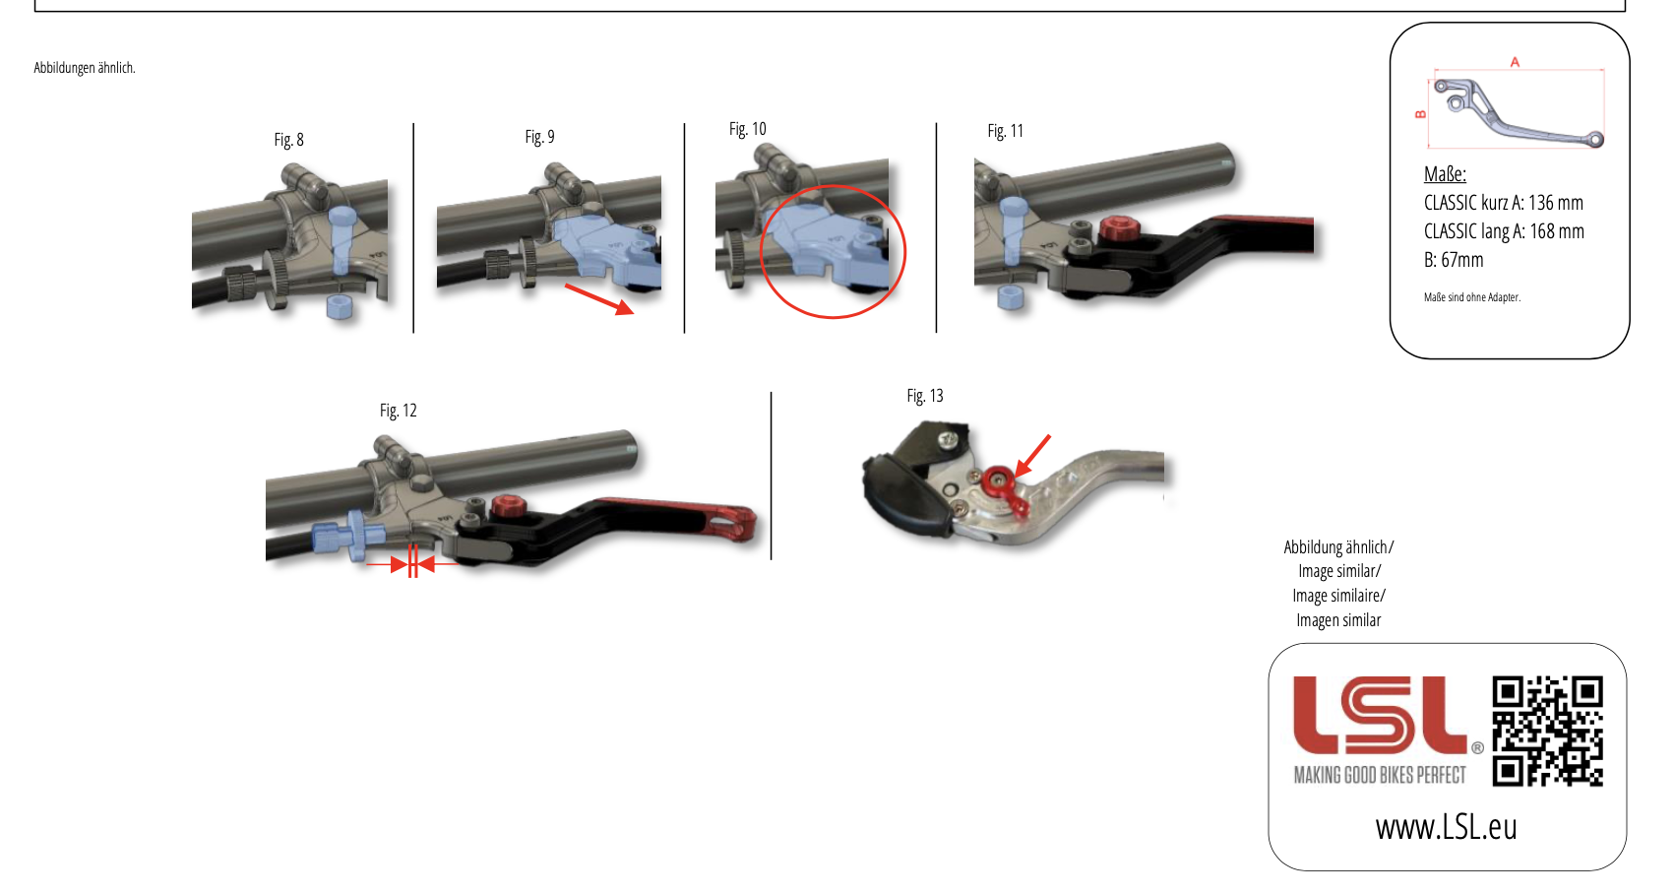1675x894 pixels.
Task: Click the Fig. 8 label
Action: [x=288, y=140]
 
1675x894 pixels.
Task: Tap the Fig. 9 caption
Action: [x=540, y=137]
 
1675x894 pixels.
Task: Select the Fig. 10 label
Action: [x=748, y=129]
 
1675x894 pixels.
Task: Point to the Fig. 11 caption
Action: [x=1006, y=131]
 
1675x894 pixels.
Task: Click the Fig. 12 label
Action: [x=398, y=411]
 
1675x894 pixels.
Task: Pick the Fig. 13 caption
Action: [x=925, y=396]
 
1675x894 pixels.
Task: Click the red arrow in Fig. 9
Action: [x=599, y=299]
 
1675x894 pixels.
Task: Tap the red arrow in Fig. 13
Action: [x=1032, y=455]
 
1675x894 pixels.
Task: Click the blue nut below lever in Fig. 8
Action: [x=340, y=307]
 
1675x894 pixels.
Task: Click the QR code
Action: [x=1547, y=731]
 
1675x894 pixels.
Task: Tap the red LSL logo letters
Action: [x=1381, y=715]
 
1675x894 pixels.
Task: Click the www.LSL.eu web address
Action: [x=1446, y=827]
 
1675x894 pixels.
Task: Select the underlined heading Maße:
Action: [x=1445, y=175]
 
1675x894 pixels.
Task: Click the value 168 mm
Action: [x=1557, y=231]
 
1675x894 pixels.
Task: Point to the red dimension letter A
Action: [x=1515, y=62]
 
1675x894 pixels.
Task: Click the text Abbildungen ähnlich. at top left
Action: [x=85, y=68]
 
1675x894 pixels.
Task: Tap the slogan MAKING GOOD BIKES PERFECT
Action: [x=1380, y=776]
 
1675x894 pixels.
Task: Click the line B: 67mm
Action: [x=1454, y=260]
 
